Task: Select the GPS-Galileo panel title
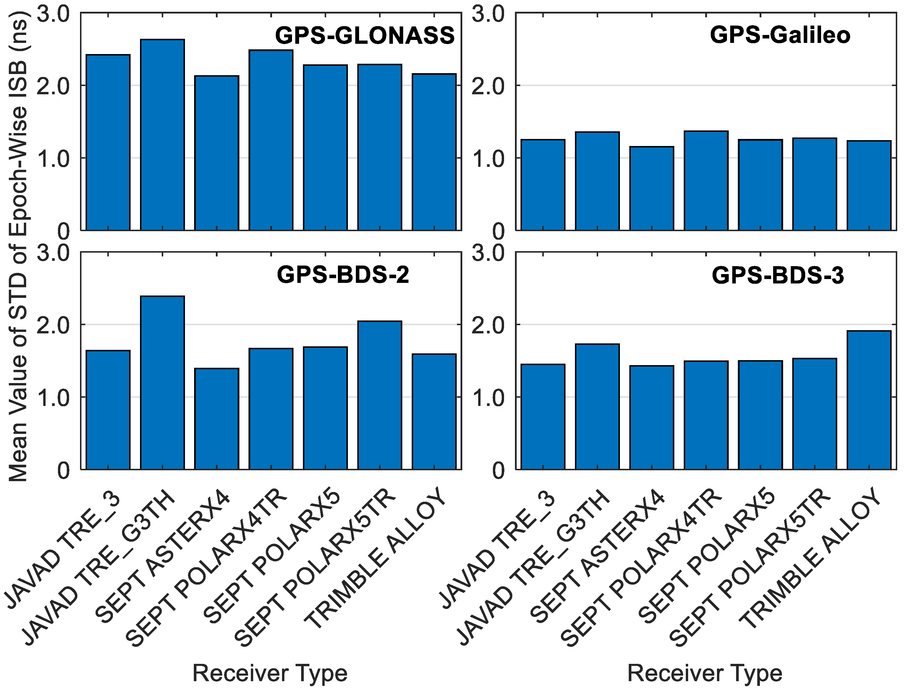pyautogui.click(x=780, y=35)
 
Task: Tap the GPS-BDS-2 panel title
pyautogui.click(x=343, y=275)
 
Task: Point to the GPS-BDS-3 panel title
pyautogui.click(x=778, y=275)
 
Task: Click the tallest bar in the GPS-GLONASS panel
pyautogui.click(x=162, y=135)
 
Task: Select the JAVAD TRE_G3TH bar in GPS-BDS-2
pyautogui.click(x=162, y=382)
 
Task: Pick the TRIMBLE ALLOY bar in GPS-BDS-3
pyautogui.click(x=869, y=400)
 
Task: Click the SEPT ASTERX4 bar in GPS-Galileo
pyautogui.click(x=652, y=189)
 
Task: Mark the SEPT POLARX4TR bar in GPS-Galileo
pyautogui.click(x=706, y=181)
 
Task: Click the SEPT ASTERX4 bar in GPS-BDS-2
pyautogui.click(x=217, y=419)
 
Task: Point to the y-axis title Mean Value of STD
pyautogui.click(x=19, y=246)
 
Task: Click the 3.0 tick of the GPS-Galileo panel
pyautogui.click(x=488, y=14)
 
